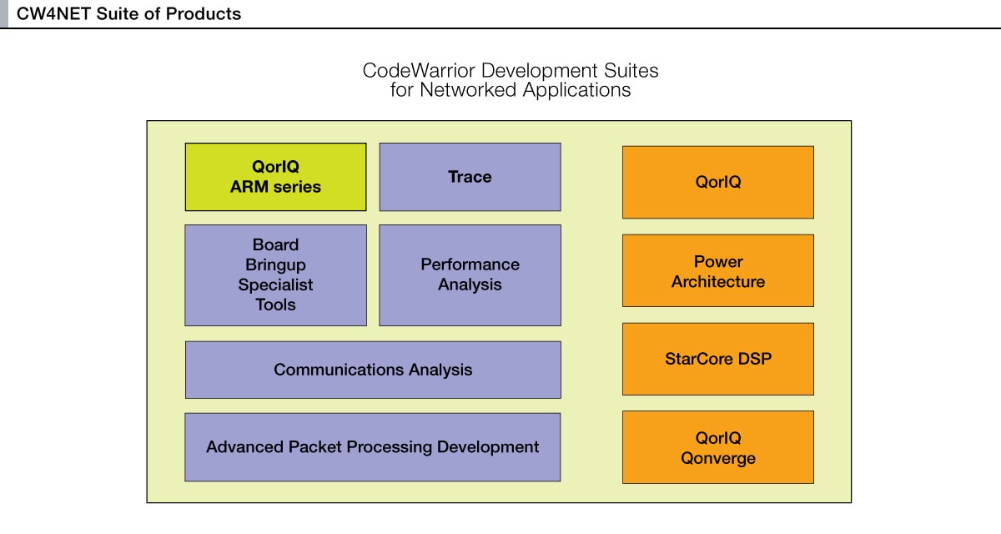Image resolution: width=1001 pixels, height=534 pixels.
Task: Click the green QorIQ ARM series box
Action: [275, 177]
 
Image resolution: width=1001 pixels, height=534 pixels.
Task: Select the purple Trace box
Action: [470, 177]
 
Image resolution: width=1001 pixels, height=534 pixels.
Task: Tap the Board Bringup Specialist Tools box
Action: [275, 275]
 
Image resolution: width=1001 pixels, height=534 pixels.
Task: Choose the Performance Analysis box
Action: [470, 275]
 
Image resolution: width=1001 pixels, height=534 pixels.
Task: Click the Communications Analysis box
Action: [373, 370]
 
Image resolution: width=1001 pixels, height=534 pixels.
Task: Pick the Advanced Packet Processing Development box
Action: [373, 446]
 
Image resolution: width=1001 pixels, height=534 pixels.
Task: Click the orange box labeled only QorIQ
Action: [717, 182]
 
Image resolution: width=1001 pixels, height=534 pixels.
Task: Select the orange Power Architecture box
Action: [717, 271]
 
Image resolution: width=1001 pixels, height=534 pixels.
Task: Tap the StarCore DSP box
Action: [717, 359]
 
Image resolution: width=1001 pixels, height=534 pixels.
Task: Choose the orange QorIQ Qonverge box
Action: [717, 447]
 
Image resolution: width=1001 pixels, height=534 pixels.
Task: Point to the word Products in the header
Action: [204, 14]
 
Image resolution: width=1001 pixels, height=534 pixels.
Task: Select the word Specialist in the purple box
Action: [275, 285]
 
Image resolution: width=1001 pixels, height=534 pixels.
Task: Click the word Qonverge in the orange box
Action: [717, 458]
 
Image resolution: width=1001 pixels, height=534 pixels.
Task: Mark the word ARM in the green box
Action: [249, 187]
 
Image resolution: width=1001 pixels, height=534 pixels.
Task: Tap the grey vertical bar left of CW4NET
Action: [3, 14]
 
